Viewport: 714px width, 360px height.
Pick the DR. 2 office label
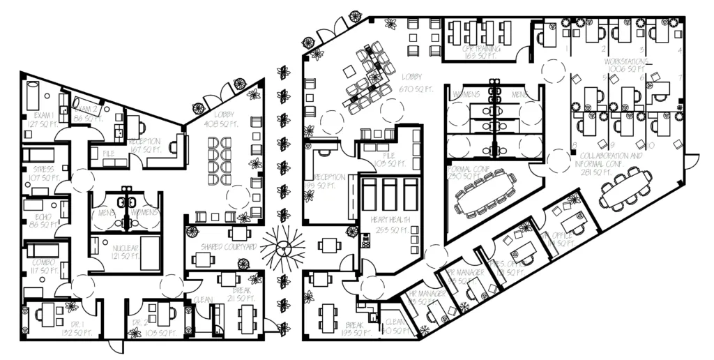[x=146, y=329]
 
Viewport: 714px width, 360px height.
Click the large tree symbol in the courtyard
[x=284, y=248]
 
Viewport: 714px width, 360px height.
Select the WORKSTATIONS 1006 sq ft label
[x=625, y=66]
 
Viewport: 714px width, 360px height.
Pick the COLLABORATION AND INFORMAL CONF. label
[x=611, y=160]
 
